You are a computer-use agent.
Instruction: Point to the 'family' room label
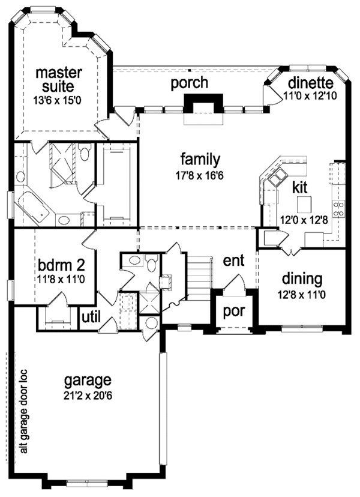(200, 160)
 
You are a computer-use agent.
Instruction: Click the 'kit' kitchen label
(300, 187)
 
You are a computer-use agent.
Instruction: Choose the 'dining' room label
(302, 279)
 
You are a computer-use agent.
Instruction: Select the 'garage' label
(88, 380)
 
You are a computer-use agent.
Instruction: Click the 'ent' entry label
(233, 262)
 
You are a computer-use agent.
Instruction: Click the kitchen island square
(304, 202)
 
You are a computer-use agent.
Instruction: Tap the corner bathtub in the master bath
(34, 207)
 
